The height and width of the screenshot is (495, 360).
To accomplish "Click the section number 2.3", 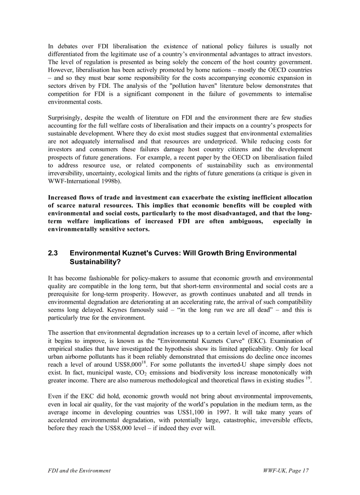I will pos(53,253).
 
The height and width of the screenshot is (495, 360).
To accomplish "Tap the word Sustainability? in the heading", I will pos(95,261).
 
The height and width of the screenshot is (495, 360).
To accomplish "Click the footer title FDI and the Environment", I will pos(79,471).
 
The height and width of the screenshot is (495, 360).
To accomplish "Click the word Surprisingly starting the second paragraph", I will pos(65,118).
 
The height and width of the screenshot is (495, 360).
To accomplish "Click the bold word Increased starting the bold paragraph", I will pos(63,197).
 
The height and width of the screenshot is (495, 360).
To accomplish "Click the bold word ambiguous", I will pos(245,221).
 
